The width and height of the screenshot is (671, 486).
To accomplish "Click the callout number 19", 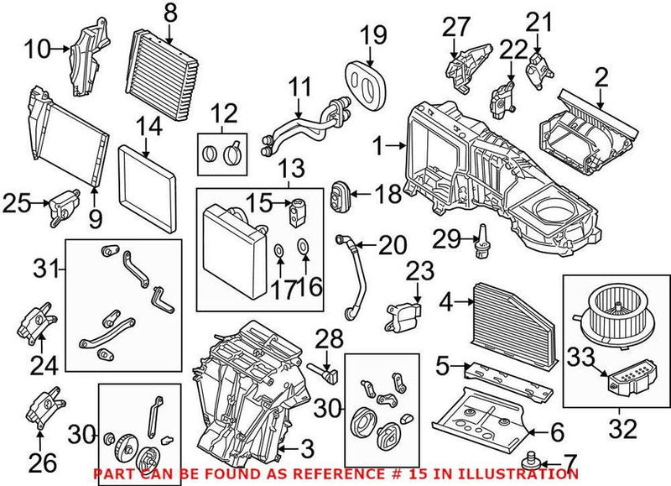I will pyautogui.click(x=373, y=35).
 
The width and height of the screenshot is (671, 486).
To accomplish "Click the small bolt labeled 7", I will pyautogui.click(x=529, y=461).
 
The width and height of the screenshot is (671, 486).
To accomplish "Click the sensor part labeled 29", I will pyautogui.click(x=482, y=241).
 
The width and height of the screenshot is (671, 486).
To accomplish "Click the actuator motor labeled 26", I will pyautogui.click(x=41, y=408).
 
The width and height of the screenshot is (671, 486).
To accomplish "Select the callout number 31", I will pyautogui.click(x=47, y=269).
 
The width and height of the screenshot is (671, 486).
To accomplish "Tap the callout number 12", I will pyautogui.click(x=224, y=111).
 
